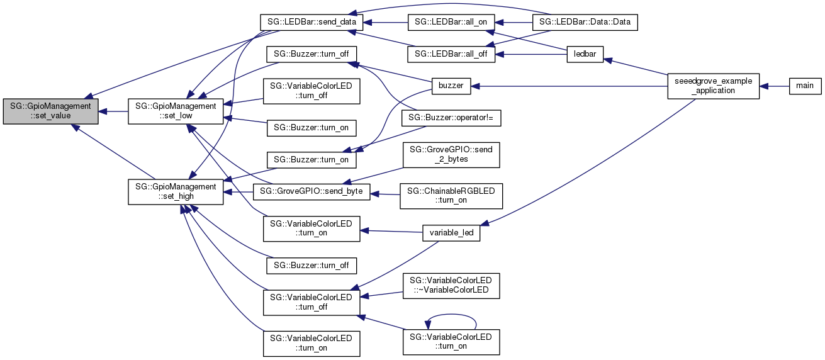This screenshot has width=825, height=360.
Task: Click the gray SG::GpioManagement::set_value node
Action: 50,111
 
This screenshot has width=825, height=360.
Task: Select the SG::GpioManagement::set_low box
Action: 176,111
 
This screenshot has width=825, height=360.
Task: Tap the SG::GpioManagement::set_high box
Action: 176,191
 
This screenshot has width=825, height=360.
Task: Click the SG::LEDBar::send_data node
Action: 311,22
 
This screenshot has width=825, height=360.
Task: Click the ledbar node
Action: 585,55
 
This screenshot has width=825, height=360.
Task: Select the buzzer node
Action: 451,85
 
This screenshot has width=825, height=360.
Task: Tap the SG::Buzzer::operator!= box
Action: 451,118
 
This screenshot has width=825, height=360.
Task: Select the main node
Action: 805,85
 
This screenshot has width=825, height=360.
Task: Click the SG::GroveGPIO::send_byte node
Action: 311,191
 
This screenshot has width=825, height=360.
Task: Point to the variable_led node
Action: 451,233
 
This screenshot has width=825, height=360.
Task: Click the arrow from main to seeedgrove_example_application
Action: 774,85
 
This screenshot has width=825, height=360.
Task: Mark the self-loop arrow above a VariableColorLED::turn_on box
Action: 451,315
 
